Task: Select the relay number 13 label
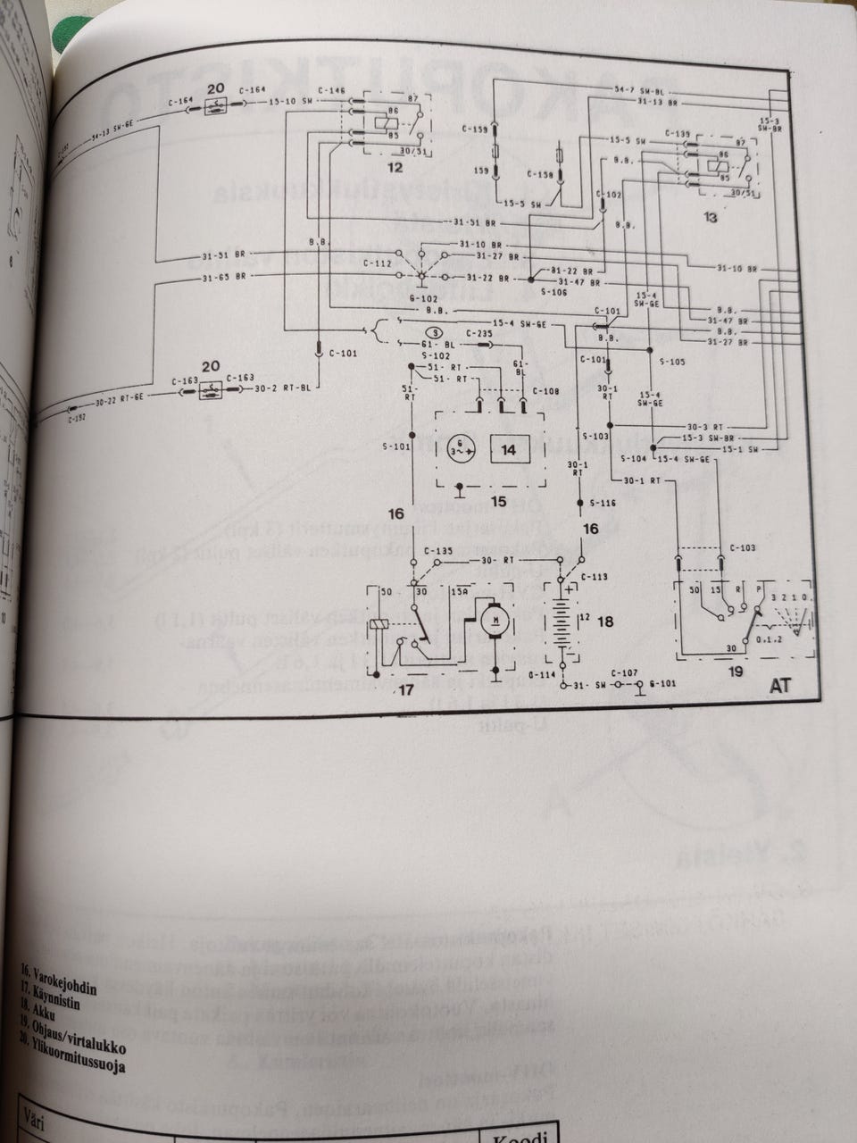(711, 217)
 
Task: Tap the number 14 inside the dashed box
(508, 450)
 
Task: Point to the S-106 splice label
(529, 291)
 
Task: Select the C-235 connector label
(479, 333)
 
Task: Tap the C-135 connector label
(438, 550)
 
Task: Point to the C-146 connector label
(330, 90)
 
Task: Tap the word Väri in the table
(38, 1115)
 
